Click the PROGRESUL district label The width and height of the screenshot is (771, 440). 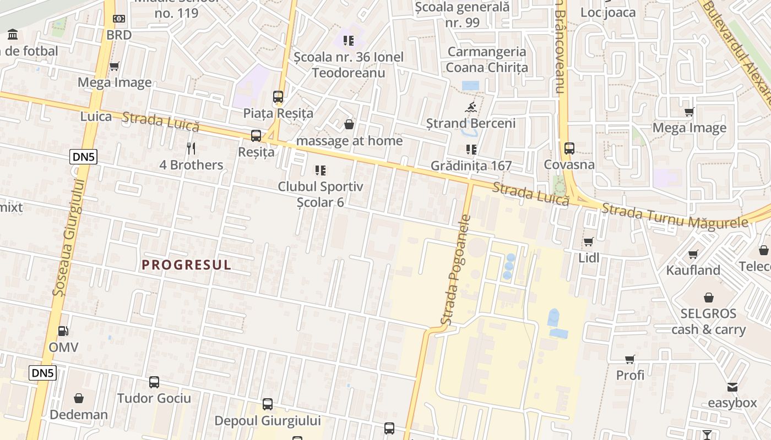pos(187,265)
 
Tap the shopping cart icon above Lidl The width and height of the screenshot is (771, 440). pos(588,241)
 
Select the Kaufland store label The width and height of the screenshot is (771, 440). pos(693,270)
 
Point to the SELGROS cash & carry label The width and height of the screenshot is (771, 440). pos(708,321)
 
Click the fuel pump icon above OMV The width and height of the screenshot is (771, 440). pos(64,331)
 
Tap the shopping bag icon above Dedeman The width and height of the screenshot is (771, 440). pos(79,398)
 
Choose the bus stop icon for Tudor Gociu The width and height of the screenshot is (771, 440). pos(154,382)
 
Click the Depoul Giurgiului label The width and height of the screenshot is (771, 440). pos(267,421)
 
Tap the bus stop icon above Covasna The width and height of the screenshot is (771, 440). pos(569,148)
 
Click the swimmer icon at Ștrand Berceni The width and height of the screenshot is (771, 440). pos(471,107)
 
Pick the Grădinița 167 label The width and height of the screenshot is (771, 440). pos(471,166)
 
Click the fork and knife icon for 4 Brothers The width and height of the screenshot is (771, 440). pos(191,148)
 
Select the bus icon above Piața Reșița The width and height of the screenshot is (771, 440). pos(278,97)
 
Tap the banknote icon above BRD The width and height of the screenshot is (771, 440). pos(119,19)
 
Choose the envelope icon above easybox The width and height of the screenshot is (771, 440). pos(732,387)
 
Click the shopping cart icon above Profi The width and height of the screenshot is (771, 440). pos(630,359)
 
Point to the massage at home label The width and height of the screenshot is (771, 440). pos(349,141)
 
